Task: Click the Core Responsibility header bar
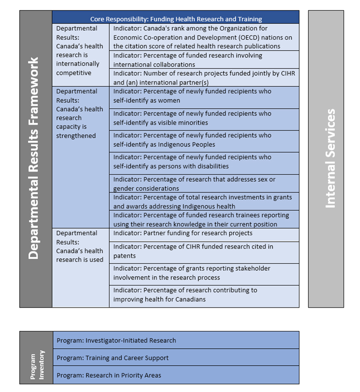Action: point(175,19)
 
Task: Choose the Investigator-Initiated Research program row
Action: point(175,340)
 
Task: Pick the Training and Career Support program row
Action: point(175,358)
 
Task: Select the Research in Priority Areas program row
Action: point(175,375)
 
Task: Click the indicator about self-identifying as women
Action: point(204,96)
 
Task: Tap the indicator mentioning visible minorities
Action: point(204,118)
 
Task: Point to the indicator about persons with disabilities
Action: point(204,162)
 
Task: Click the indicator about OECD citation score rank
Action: point(204,37)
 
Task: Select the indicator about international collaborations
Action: point(204,60)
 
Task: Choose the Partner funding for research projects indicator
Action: point(204,233)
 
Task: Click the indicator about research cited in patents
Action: point(204,251)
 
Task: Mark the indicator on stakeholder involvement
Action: point(204,273)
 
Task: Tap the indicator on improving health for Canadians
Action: point(204,295)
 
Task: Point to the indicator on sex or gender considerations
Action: point(204,184)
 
